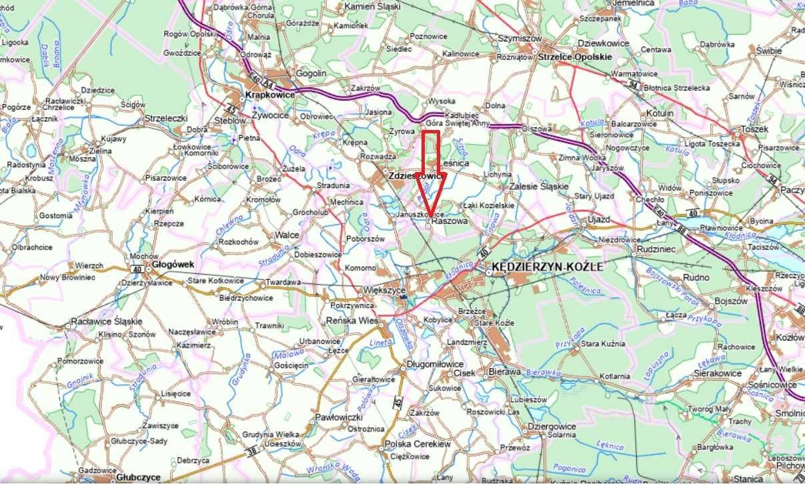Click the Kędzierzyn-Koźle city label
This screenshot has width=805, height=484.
point(547,266)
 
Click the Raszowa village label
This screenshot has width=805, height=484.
point(450,219)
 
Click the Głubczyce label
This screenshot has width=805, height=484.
point(138,477)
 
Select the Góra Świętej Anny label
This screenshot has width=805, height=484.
point(458,123)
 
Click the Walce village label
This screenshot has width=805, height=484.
point(287,235)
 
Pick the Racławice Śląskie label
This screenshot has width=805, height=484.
point(107,321)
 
